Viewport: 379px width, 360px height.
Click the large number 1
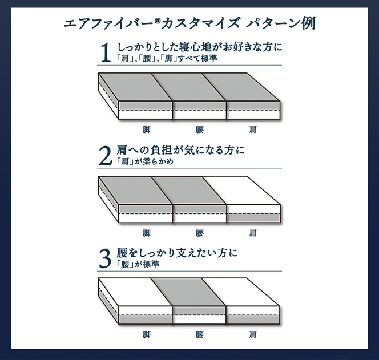[x=105, y=54]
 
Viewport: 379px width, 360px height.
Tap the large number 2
[x=105, y=156]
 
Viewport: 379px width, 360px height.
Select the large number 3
[x=104, y=258]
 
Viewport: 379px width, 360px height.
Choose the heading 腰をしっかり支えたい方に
[x=177, y=253]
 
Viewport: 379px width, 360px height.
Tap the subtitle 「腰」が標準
[x=138, y=265]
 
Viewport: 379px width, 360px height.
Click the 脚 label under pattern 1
[x=147, y=130]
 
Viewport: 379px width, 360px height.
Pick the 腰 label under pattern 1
[x=199, y=130]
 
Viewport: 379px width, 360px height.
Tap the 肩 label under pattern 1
[x=252, y=130]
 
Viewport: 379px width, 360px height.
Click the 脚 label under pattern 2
[x=147, y=233]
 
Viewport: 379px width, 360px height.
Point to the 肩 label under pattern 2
[x=252, y=233]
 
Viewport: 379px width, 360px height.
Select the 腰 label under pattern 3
[x=199, y=335]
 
